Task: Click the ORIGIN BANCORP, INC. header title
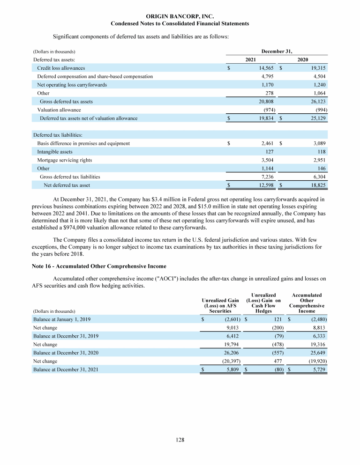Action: click(180, 16)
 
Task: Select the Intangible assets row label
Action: click(55, 151)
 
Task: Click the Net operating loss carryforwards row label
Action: click(72, 85)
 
